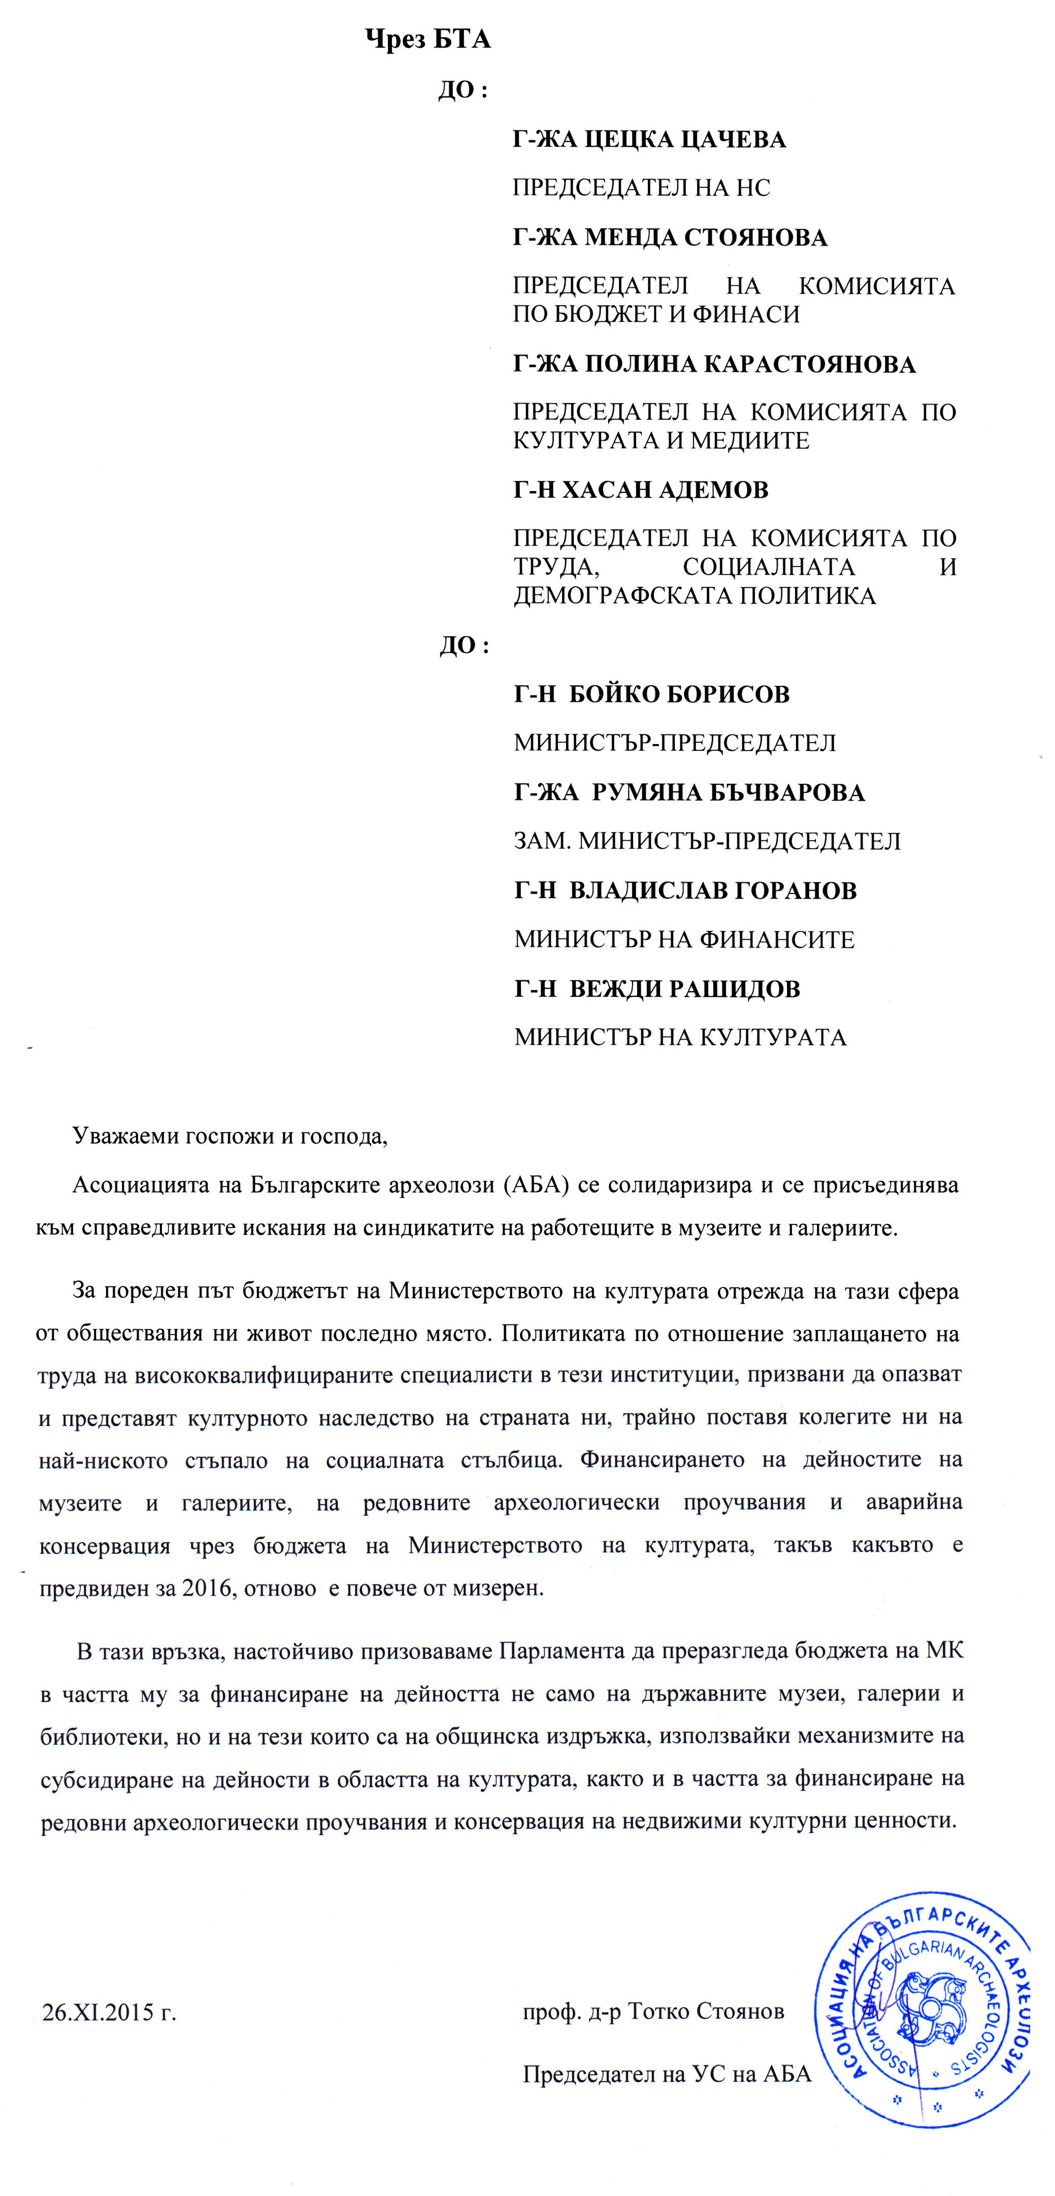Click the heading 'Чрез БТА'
tap(427, 39)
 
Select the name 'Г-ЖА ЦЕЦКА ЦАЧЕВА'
tap(648, 139)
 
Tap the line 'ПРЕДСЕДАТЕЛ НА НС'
tap(641, 187)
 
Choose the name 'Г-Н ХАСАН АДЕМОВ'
tap(641, 490)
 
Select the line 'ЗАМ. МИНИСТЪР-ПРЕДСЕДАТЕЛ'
tap(707, 842)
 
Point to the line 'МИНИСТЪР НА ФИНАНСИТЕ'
tap(684, 940)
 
